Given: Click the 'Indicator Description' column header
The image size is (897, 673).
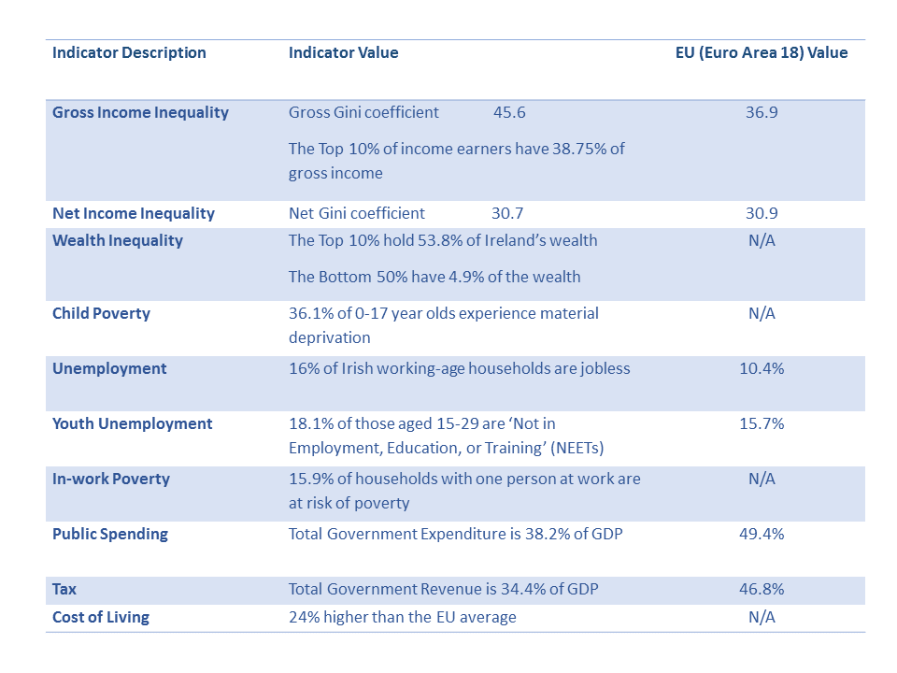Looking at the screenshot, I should click(129, 53).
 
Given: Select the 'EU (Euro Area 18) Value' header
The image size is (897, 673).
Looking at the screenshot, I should click(762, 53).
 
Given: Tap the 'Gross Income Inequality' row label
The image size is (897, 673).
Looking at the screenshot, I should click(140, 113).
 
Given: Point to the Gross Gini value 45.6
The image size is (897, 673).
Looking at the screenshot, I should click(509, 113).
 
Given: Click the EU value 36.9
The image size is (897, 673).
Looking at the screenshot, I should click(762, 113).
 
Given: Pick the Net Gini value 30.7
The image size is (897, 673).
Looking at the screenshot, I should click(507, 214).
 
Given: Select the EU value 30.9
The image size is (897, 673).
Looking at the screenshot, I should click(762, 214).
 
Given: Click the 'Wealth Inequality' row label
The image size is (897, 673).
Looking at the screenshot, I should click(118, 241).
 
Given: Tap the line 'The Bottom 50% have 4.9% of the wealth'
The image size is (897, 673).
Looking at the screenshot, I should click(434, 278).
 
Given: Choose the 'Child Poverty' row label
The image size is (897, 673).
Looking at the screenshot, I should click(101, 314).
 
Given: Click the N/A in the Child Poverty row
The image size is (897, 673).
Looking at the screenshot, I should click(762, 314).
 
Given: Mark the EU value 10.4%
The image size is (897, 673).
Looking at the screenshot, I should click(762, 369).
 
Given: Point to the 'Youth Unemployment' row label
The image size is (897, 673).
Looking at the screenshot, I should click(133, 424).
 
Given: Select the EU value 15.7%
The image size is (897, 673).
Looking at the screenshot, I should click(762, 424).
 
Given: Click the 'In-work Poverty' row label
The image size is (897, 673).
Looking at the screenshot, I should click(110, 480).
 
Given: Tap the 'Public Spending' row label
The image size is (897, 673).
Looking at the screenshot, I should click(110, 535).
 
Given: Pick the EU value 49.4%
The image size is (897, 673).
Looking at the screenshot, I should click(762, 535).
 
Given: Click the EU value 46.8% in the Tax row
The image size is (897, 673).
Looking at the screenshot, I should click(762, 590).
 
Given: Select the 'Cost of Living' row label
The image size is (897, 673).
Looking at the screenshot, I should click(101, 618).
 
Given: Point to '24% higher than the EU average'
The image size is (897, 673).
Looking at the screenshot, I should click(402, 618).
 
